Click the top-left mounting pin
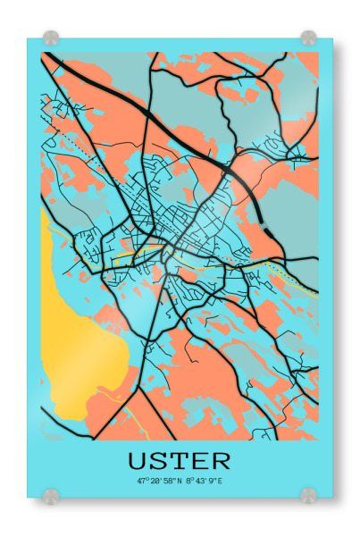point(51,38)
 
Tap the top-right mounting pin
point(308,38)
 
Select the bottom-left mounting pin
point(51,494)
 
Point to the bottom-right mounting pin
point(308,494)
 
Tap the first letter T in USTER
point(180,461)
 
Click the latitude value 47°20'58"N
point(157,481)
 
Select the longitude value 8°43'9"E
point(204,481)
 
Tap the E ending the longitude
point(221,481)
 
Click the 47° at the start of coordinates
point(141,481)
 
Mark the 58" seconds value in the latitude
point(166,481)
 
